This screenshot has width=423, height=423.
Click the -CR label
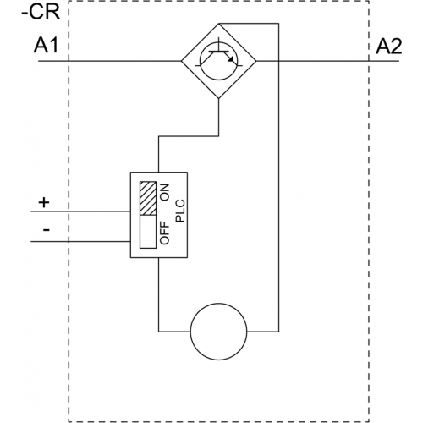[41, 12]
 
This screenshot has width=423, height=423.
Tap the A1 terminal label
[46, 46]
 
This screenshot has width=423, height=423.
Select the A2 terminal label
[388, 47]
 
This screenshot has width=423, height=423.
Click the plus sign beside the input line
[44, 202]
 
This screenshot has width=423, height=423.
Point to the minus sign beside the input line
[47, 230]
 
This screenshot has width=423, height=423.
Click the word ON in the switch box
[165, 192]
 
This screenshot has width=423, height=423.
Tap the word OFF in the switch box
[165, 233]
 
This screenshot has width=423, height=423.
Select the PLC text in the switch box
[180, 211]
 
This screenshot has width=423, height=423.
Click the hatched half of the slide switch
[148, 199]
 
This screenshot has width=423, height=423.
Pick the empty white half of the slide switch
[148, 232]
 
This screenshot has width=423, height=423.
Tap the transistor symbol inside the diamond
[219, 61]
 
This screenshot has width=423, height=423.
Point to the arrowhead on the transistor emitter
[232, 59]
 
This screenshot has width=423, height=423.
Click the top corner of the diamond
[219, 24]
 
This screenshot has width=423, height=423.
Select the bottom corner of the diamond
[219, 98]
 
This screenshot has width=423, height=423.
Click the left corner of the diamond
[181, 61]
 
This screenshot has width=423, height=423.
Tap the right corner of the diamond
[256, 61]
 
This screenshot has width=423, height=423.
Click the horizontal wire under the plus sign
[80, 211]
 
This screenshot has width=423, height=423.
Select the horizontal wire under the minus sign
[80, 242]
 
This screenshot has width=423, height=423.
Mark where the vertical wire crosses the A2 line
[279, 61]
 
